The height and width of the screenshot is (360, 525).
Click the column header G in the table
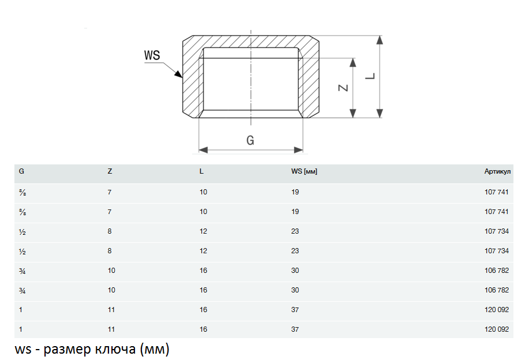click(x=21, y=171)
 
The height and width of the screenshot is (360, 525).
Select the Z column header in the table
click(x=110, y=171)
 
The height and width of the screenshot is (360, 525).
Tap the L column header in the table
click(x=201, y=171)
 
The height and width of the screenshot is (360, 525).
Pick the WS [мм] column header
click(x=305, y=171)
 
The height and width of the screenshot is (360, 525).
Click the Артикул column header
click(x=497, y=171)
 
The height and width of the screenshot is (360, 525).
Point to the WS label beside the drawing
click(x=152, y=55)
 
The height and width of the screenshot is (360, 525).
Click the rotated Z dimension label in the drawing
click(x=343, y=88)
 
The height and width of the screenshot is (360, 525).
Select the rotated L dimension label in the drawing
click(x=370, y=76)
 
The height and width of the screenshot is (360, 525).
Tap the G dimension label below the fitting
click(x=250, y=140)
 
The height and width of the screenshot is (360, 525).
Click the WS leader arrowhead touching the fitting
click(x=179, y=74)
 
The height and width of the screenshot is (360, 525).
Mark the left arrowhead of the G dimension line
click(x=203, y=150)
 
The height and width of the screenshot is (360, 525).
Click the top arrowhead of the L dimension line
click(x=380, y=40)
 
